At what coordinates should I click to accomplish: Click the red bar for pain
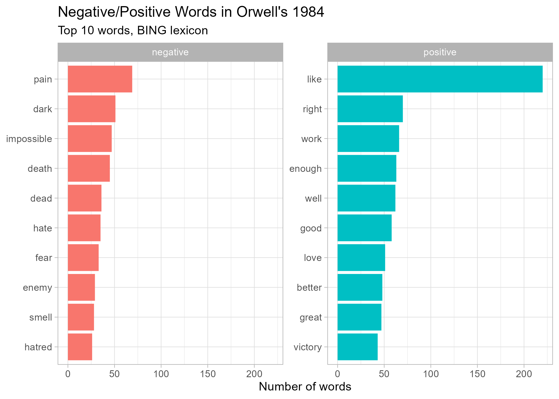[x=100, y=79]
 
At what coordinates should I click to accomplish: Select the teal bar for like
[x=440, y=79]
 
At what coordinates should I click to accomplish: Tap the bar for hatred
[x=80, y=347]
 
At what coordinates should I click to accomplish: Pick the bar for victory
[x=357, y=347]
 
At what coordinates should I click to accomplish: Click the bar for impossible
[x=90, y=139]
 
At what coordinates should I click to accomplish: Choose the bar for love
[x=361, y=257]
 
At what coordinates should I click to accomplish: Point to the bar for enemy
[x=81, y=287]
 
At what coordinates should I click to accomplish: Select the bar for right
[x=370, y=109]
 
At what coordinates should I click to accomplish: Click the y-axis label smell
[x=40, y=317]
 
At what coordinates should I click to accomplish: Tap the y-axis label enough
[x=305, y=169]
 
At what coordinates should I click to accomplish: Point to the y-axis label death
[x=40, y=169]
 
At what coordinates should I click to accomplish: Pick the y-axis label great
[x=311, y=317]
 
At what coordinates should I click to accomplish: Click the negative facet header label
[x=170, y=52]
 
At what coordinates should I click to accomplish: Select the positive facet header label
[x=440, y=52]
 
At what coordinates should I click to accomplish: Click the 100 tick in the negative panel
[x=161, y=374]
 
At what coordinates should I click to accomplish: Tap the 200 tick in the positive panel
[x=524, y=374]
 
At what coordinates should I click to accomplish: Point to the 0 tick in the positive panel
[x=338, y=374]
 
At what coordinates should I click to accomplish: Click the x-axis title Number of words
[x=305, y=387]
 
